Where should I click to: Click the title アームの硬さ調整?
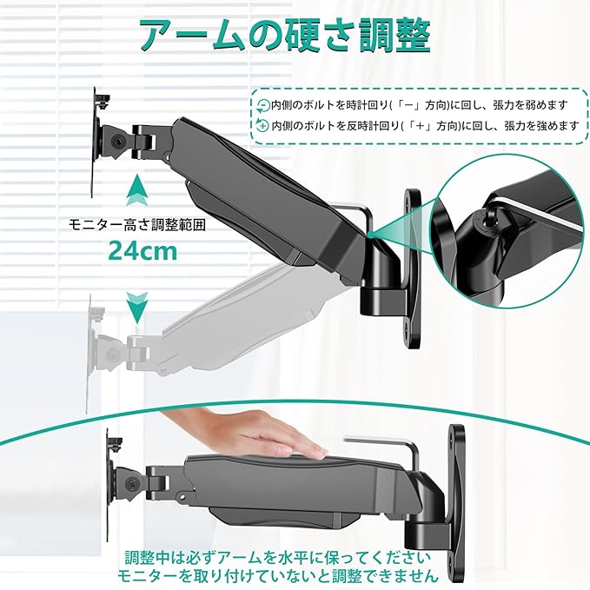(x=286, y=36)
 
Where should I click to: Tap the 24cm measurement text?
(x=143, y=251)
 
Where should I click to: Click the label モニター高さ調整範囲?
(x=137, y=225)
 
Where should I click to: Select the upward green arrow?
(x=137, y=190)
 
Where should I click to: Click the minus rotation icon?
(x=263, y=106)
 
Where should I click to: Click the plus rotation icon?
(x=262, y=125)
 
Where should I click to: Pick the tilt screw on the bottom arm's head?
(x=133, y=482)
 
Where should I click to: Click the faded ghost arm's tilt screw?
(x=113, y=354)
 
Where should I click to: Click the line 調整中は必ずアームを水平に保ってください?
(x=278, y=558)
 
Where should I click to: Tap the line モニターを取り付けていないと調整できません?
(x=278, y=576)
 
